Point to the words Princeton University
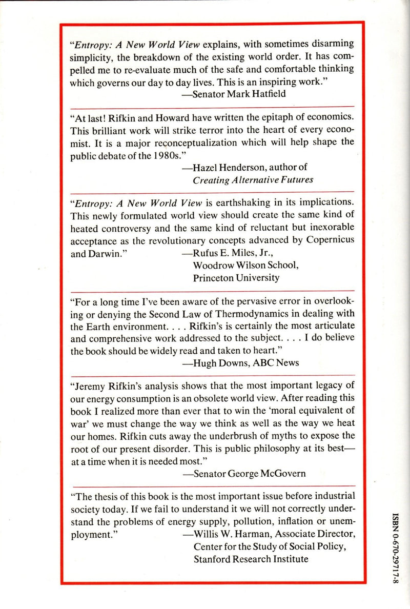coord(236,278)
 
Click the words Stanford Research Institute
coord(251,559)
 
